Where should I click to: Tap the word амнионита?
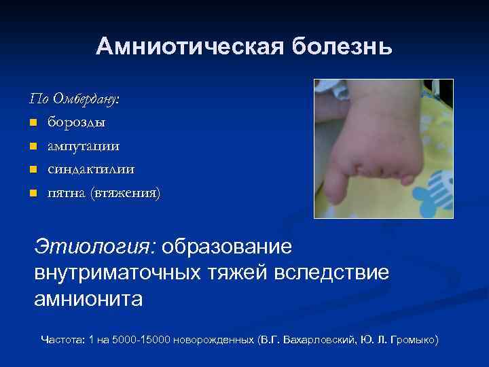[x=88, y=299]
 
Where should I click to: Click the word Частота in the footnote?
[x=60, y=338]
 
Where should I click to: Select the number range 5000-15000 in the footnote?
[x=139, y=338]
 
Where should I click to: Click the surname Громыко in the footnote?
[x=412, y=338]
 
